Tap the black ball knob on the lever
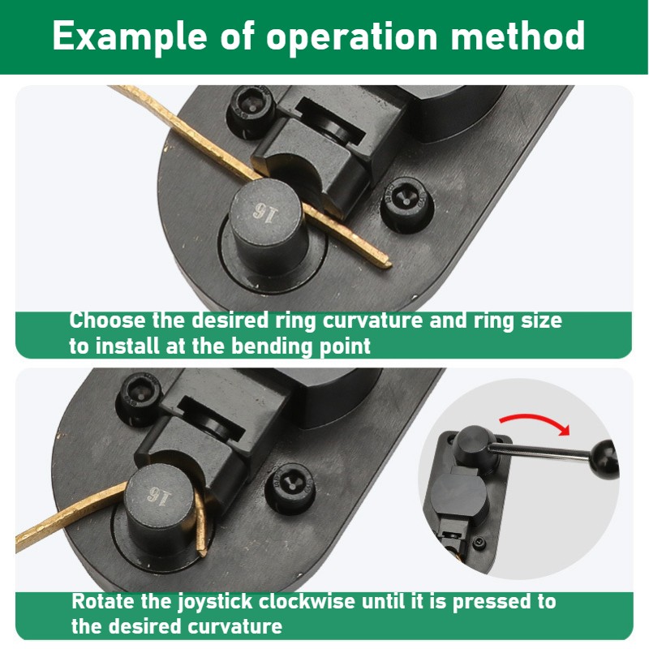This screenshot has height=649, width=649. pos(605,459)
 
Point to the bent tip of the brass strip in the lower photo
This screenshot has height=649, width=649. pos(202,552)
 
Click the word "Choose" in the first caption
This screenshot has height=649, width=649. pos(107,320)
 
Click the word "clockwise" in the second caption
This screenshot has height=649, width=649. pos(307,601)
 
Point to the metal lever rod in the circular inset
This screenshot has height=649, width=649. pos(540,451)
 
